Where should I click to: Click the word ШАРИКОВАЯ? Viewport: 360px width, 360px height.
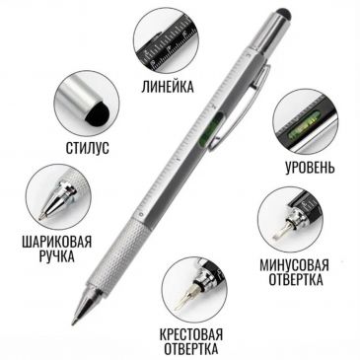tap(56, 239)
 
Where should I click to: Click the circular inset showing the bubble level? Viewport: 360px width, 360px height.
tap(304, 120)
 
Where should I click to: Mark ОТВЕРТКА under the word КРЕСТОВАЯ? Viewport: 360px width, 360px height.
tap(190, 348)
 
